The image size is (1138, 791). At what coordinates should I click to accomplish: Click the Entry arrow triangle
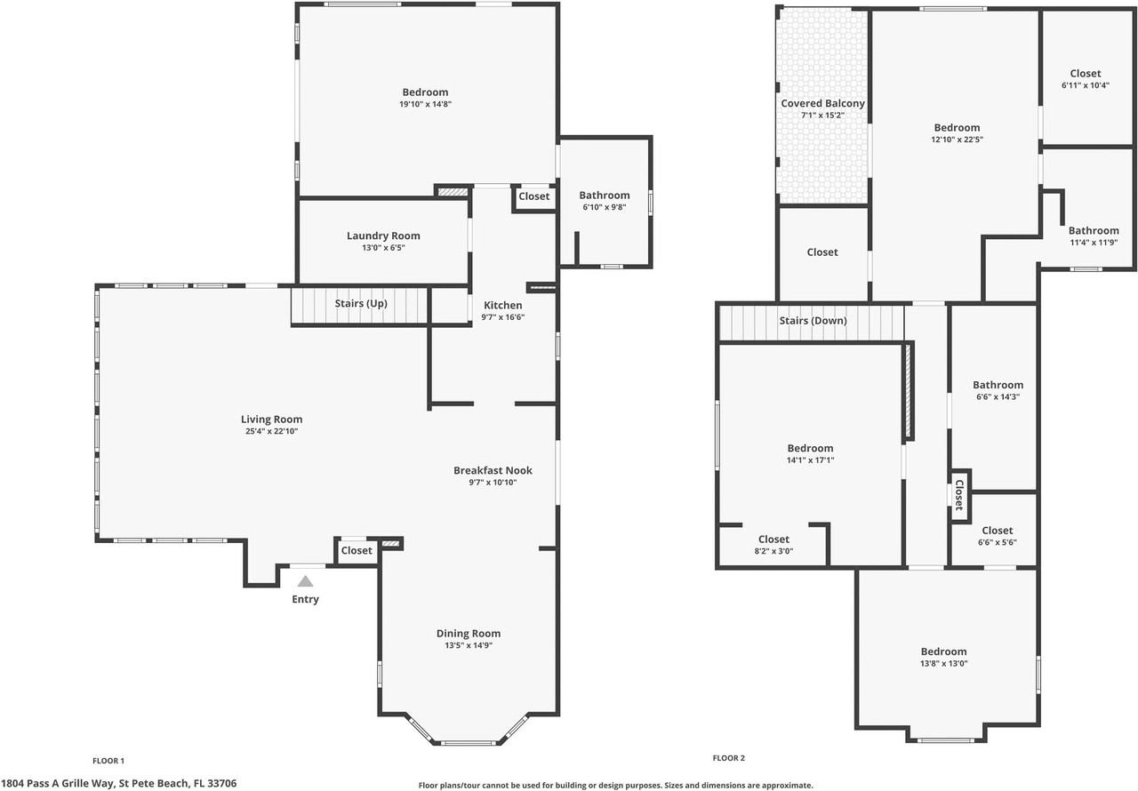pos(305,581)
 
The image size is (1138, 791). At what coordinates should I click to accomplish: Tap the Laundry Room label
pos(383,236)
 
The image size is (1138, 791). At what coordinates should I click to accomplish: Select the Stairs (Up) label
pos(361,304)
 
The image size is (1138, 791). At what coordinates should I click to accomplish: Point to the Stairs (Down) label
pos(813,321)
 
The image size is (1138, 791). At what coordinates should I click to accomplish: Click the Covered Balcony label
pos(823,104)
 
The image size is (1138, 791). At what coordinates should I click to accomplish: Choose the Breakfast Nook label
pos(493,471)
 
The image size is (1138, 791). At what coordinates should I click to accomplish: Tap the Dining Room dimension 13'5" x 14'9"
pos(469,645)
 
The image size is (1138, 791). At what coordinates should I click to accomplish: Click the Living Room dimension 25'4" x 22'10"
pos(271,432)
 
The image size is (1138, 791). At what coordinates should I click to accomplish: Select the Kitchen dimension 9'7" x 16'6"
pos(503,317)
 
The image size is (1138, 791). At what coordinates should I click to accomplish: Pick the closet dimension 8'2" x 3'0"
pos(773,551)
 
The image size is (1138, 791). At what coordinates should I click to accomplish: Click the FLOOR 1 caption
pos(108,761)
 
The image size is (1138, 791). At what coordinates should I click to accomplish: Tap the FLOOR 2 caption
pos(728,758)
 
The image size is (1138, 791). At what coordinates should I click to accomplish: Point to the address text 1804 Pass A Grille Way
pos(58,783)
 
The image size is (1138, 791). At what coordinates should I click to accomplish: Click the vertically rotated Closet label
pos(959,495)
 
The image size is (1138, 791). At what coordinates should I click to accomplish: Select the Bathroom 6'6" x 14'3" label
pos(998,386)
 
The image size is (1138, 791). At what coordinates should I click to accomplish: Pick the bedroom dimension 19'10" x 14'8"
pos(425,104)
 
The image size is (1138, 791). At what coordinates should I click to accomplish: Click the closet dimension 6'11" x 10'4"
pos(1086,85)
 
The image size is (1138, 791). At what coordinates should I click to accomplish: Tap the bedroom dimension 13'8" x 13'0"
pos(944,664)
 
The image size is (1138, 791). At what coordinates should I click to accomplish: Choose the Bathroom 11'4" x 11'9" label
pos(1094,231)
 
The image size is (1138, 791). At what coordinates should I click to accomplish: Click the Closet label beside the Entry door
pos(357,551)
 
